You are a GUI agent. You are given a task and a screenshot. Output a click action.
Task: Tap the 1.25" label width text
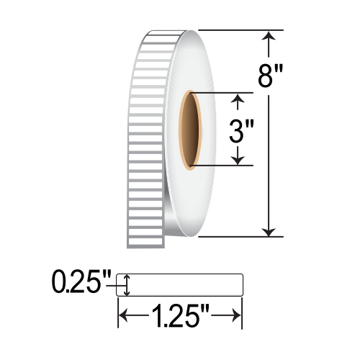(179, 314)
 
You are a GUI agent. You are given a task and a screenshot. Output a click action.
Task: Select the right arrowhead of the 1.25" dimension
(235, 315)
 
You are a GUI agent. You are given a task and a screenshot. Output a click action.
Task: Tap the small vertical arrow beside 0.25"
(127, 285)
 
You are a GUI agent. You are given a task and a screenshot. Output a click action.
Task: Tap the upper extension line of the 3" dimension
(223, 92)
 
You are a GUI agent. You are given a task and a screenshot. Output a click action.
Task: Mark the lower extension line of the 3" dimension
(223, 166)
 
